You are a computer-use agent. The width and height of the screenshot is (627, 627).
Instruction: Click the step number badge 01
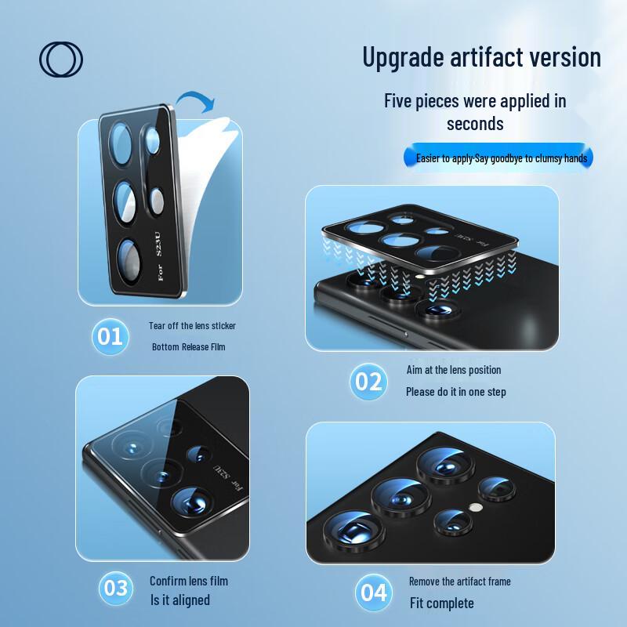pos(109,336)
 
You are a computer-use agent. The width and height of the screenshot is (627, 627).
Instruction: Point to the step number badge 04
pos(373,593)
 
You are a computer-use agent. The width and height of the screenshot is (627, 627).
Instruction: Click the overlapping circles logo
pos(61,60)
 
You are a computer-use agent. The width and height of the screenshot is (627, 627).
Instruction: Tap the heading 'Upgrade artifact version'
pos(481,57)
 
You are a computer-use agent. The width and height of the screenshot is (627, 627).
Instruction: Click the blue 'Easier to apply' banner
pos(501,158)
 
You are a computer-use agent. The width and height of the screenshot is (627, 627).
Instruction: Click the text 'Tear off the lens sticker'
pos(192,325)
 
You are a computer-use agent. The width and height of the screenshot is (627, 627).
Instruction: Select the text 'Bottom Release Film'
pos(188,346)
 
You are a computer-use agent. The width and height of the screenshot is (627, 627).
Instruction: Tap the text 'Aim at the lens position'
pos(453,370)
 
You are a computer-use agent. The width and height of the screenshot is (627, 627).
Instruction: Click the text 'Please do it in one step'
pos(455,392)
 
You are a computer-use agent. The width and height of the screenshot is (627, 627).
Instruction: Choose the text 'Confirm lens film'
pos(189,581)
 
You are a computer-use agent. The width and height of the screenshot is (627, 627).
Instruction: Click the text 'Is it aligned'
pos(179,600)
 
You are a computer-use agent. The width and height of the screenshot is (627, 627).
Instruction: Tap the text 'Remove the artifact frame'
pos(459,582)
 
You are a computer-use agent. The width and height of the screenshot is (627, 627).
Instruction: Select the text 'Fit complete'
pos(441,603)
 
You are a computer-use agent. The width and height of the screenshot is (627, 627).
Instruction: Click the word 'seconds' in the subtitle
pos(475,124)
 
